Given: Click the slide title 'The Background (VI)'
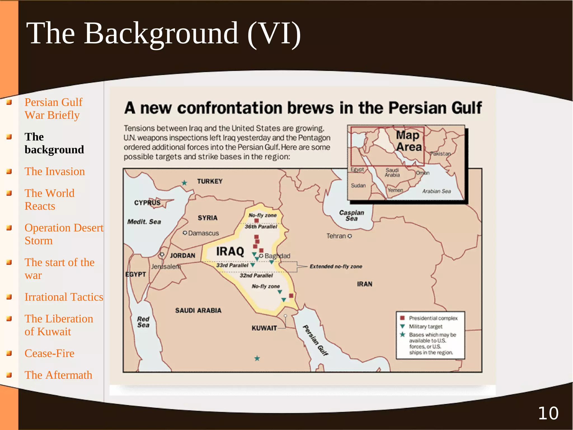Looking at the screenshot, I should pyautogui.click(x=163, y=34).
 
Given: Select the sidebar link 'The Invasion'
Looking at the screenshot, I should pyautogui.click(x=55, y=171).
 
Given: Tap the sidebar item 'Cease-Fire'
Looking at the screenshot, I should pyautogui.click(x=50, y=353).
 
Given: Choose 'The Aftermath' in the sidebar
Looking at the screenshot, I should pyautogui.click(x=58, y=375).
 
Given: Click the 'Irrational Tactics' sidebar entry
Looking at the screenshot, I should pyautogui.click(x=64, y=297).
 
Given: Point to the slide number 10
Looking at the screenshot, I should pyautogui.click(x=548, y=413).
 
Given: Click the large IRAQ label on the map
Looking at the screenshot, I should pyautogui.click(x=230, y=251).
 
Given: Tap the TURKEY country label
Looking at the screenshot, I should pyautogui.click(x=210, y=182).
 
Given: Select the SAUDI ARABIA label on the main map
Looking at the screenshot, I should pyautogui.click(x=198, y=310).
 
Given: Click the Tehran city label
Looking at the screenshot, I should pyautogui.click(x=336, y=236).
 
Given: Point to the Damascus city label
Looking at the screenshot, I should pyautogui.click(x=203, y=233).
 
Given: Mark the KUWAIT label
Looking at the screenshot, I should pyautogui.click(x=264, y=328).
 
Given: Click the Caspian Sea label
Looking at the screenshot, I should pyautogui.click(x=351, y=215).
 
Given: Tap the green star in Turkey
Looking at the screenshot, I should pyautogui.click(x=184, y=183).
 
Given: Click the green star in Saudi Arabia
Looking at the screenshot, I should pyautogui.click(x=257, y=358).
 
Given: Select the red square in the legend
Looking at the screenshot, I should pyautogui.click(x=403, y=318).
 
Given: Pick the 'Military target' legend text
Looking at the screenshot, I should pyautogui.click(x=426, y=327).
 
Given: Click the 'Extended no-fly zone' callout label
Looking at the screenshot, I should pyautogui.click(x=336, y=266).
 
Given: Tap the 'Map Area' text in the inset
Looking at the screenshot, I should pyautogui.click(x=408, y=141).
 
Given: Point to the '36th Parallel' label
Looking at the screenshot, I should pyautogui.click(x=261, y=227).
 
